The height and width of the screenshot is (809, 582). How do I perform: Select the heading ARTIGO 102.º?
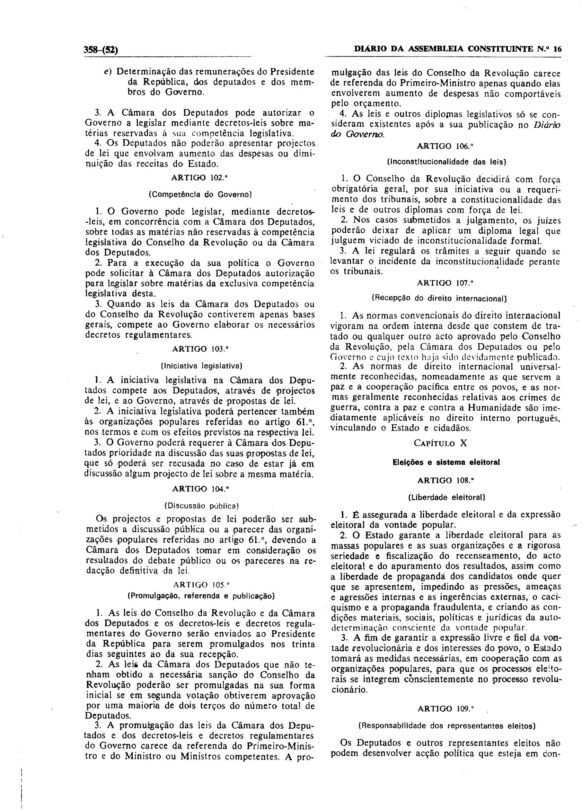click(x=200, y=177)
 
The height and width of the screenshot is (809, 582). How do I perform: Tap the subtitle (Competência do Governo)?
click(x=200, y=195)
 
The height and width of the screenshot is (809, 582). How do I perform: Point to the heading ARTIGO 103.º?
click(x=200, y=349)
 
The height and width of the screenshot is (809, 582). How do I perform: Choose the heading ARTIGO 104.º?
click(x=201, y=489)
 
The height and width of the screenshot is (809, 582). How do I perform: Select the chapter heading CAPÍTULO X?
click(x=440, y=443)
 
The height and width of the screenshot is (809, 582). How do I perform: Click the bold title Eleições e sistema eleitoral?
click(x=446, y=462)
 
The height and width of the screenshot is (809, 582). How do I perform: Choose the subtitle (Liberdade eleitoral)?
click(x=446, y=497)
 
